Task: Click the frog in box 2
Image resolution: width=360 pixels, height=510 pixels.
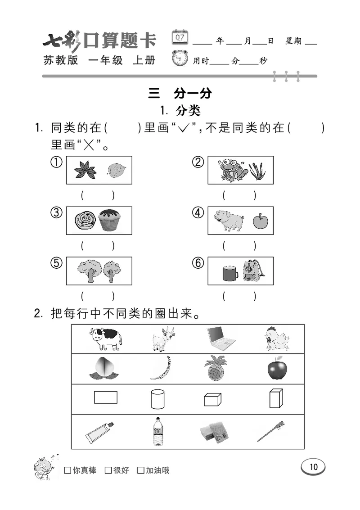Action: coord(230,170)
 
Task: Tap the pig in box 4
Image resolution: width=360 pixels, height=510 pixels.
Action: coord(228,221)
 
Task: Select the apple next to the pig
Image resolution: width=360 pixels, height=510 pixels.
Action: coord(260,221)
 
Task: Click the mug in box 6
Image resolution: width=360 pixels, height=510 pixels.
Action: coord(229,273)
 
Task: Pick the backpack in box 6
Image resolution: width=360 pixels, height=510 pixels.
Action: coord(254,271)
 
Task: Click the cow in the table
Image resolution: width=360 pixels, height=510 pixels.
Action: coord(106,338)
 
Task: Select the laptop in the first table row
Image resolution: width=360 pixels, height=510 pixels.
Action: coord(220,338)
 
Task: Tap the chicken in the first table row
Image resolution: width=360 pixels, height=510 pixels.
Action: coord(275,338)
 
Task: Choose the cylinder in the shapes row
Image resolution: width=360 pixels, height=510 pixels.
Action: coord(157,398)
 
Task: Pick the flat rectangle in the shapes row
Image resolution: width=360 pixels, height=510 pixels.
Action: coord(106,397)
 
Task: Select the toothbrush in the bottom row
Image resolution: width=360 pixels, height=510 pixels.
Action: coord(271,431)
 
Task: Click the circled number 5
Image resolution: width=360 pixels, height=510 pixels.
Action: coord(56,264)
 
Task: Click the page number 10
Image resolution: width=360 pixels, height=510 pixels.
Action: coord(313,467)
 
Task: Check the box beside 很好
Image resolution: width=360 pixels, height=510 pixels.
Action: coord(108,470)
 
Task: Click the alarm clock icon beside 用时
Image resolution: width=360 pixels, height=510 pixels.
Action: coord(180,59)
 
